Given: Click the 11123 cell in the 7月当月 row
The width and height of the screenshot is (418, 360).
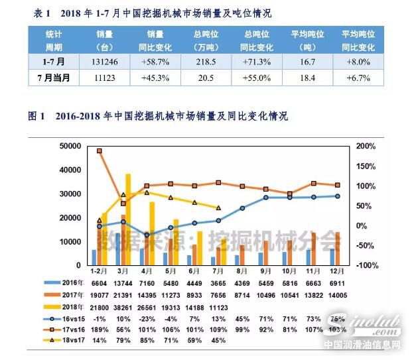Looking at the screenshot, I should (x=104, y=78).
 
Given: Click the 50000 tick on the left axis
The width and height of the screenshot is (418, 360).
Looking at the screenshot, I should (x=68, y=146).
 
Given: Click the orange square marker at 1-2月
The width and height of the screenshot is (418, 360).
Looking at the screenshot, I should (x=100, y=151).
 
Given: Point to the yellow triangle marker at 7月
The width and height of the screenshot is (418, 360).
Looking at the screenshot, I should (x=218, y=208).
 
